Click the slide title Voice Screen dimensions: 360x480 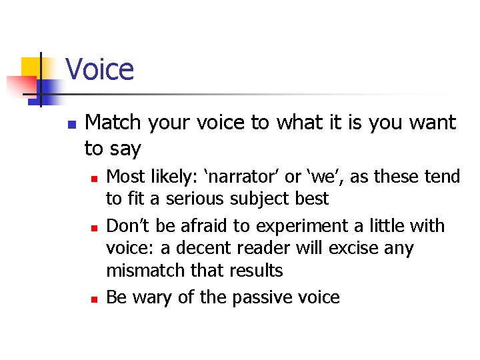(99, 69)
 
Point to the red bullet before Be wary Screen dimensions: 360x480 (95, 299)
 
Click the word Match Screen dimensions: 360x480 (113, 123)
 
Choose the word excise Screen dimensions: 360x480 (355, 249)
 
